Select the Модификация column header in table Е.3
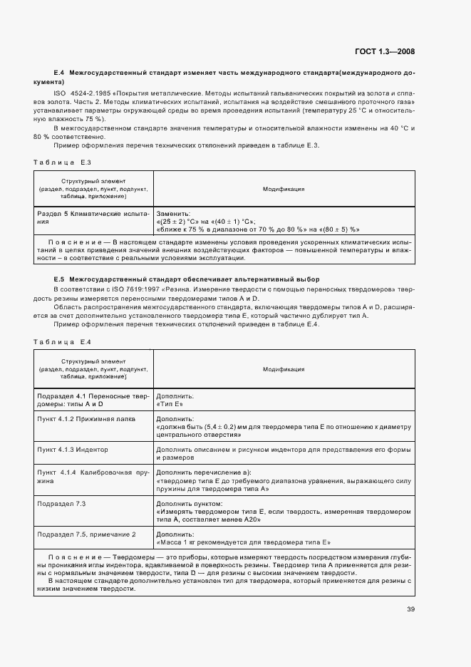pyautogui.click(x=284, y=189)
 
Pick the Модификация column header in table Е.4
pyautogui.click(x=284, y=369)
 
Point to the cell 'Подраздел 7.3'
pyautogui.click(x=61, y=504)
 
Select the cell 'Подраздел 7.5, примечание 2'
pyautogui.click(x=86, y=534)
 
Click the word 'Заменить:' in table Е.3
pyautogui.click(x=173, y=213)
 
